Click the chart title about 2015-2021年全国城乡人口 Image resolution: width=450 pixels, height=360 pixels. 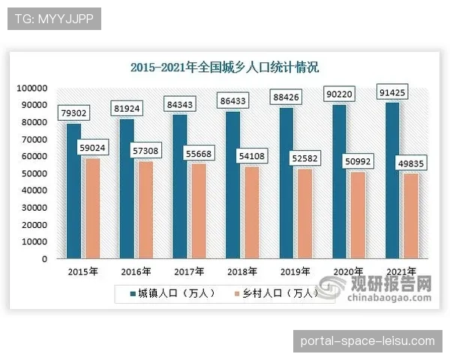(224, 67)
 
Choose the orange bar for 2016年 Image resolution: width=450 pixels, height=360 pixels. (144, 210)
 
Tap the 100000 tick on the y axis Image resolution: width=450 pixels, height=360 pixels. (32, 88)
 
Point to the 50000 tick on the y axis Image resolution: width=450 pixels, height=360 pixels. (34, 174)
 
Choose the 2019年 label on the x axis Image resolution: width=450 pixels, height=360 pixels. (295, 271)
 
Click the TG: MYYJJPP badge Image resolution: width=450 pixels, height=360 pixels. (54, 19)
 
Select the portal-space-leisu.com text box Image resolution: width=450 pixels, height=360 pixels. (367, 340)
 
